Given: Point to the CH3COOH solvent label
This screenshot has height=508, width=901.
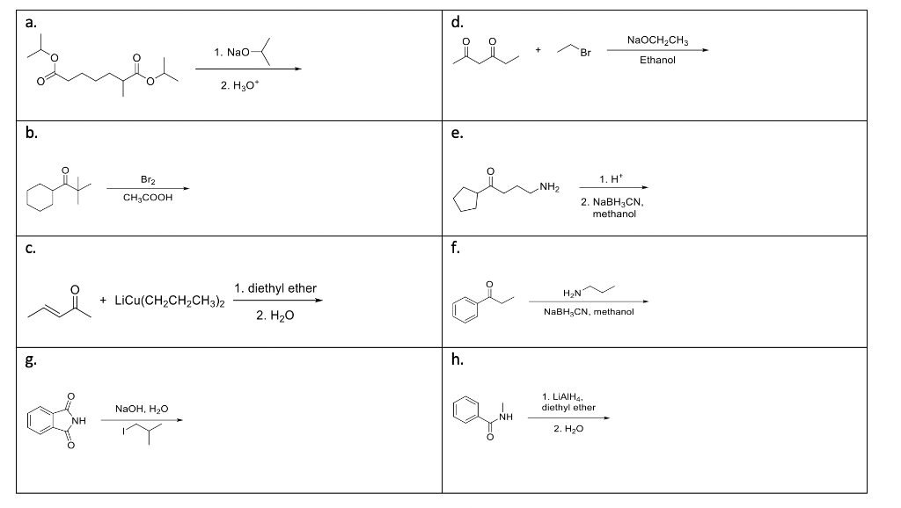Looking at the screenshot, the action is tap(149, 199).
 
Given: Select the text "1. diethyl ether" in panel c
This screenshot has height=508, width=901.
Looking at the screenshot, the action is tap(276, 288).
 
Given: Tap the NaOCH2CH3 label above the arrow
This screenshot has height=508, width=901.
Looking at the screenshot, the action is tap(659, 40).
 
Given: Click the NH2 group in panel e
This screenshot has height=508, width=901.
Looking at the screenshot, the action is tap(550, 185).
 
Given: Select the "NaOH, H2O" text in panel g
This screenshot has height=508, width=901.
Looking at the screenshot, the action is tap(142, 409).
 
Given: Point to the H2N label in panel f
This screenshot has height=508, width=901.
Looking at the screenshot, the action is tap(581, 293).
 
